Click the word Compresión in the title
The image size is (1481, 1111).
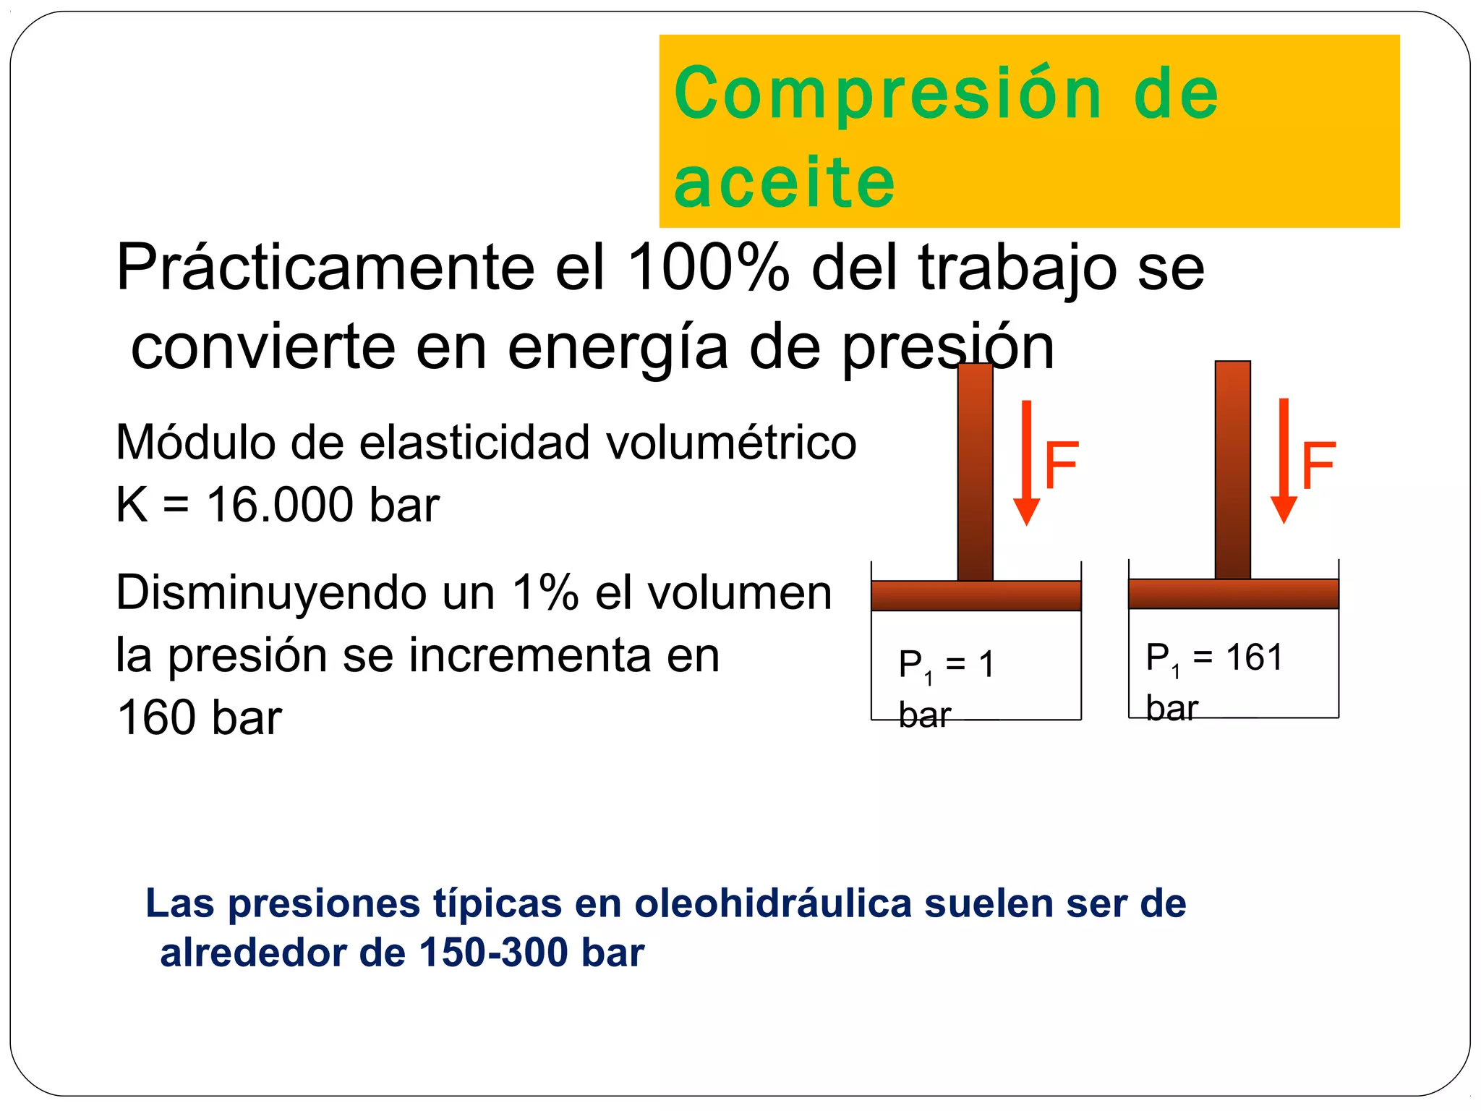pyautogui.click(x=888, y=94)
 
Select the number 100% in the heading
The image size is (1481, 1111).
pyautogui.click(x=708, y=267)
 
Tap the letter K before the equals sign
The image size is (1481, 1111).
pyautogui.click(x=132, y=504)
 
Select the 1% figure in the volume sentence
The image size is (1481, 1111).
pyautogui.click(x=545, y=592)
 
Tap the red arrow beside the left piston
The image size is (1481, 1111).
pyautogui.click(x=1026, y=463)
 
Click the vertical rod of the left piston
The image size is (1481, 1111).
pyautogui.click(x=975, y=470)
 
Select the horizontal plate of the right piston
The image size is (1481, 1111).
pyautogui.click(x=1233, y=593)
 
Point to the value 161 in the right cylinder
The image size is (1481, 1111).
pyautogui.click(x=1254, y=657)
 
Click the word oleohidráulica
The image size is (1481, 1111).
pyautogui.click(x=772, y=903)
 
